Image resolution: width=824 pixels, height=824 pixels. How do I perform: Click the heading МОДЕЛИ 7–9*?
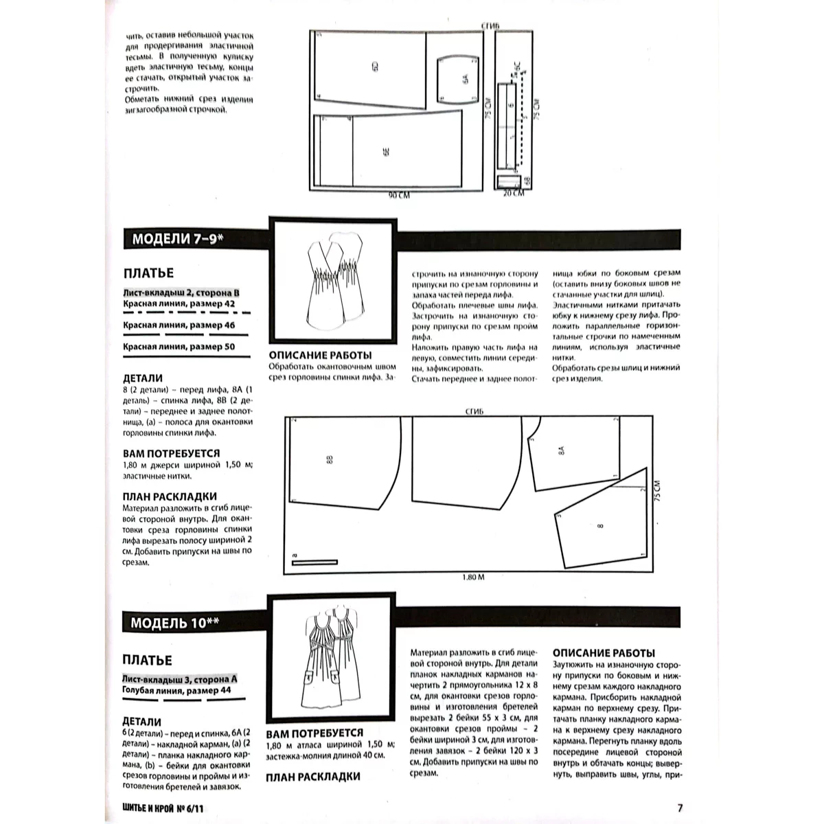177,239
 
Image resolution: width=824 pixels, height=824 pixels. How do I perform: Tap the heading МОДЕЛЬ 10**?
175,623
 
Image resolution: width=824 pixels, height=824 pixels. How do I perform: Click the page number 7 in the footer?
680,808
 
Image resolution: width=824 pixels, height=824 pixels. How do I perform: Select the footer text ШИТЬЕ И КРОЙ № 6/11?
163,808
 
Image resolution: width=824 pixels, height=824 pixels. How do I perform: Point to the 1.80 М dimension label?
473,577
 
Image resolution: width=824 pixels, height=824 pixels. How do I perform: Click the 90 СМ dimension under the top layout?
399,196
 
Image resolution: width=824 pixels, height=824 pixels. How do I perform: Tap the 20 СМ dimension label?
513,193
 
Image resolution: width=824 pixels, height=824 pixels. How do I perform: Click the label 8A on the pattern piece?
562,450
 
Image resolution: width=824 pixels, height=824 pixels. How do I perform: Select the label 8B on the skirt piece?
330,459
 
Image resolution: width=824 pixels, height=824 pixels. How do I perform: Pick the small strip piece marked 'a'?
314,562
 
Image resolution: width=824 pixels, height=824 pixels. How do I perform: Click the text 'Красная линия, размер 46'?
179,325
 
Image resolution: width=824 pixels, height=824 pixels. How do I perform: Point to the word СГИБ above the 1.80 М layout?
474,411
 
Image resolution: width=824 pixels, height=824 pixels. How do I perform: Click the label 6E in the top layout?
386,152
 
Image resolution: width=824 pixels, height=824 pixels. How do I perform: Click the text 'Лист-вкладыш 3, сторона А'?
180,679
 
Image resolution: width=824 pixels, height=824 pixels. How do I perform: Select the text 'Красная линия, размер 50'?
179,347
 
